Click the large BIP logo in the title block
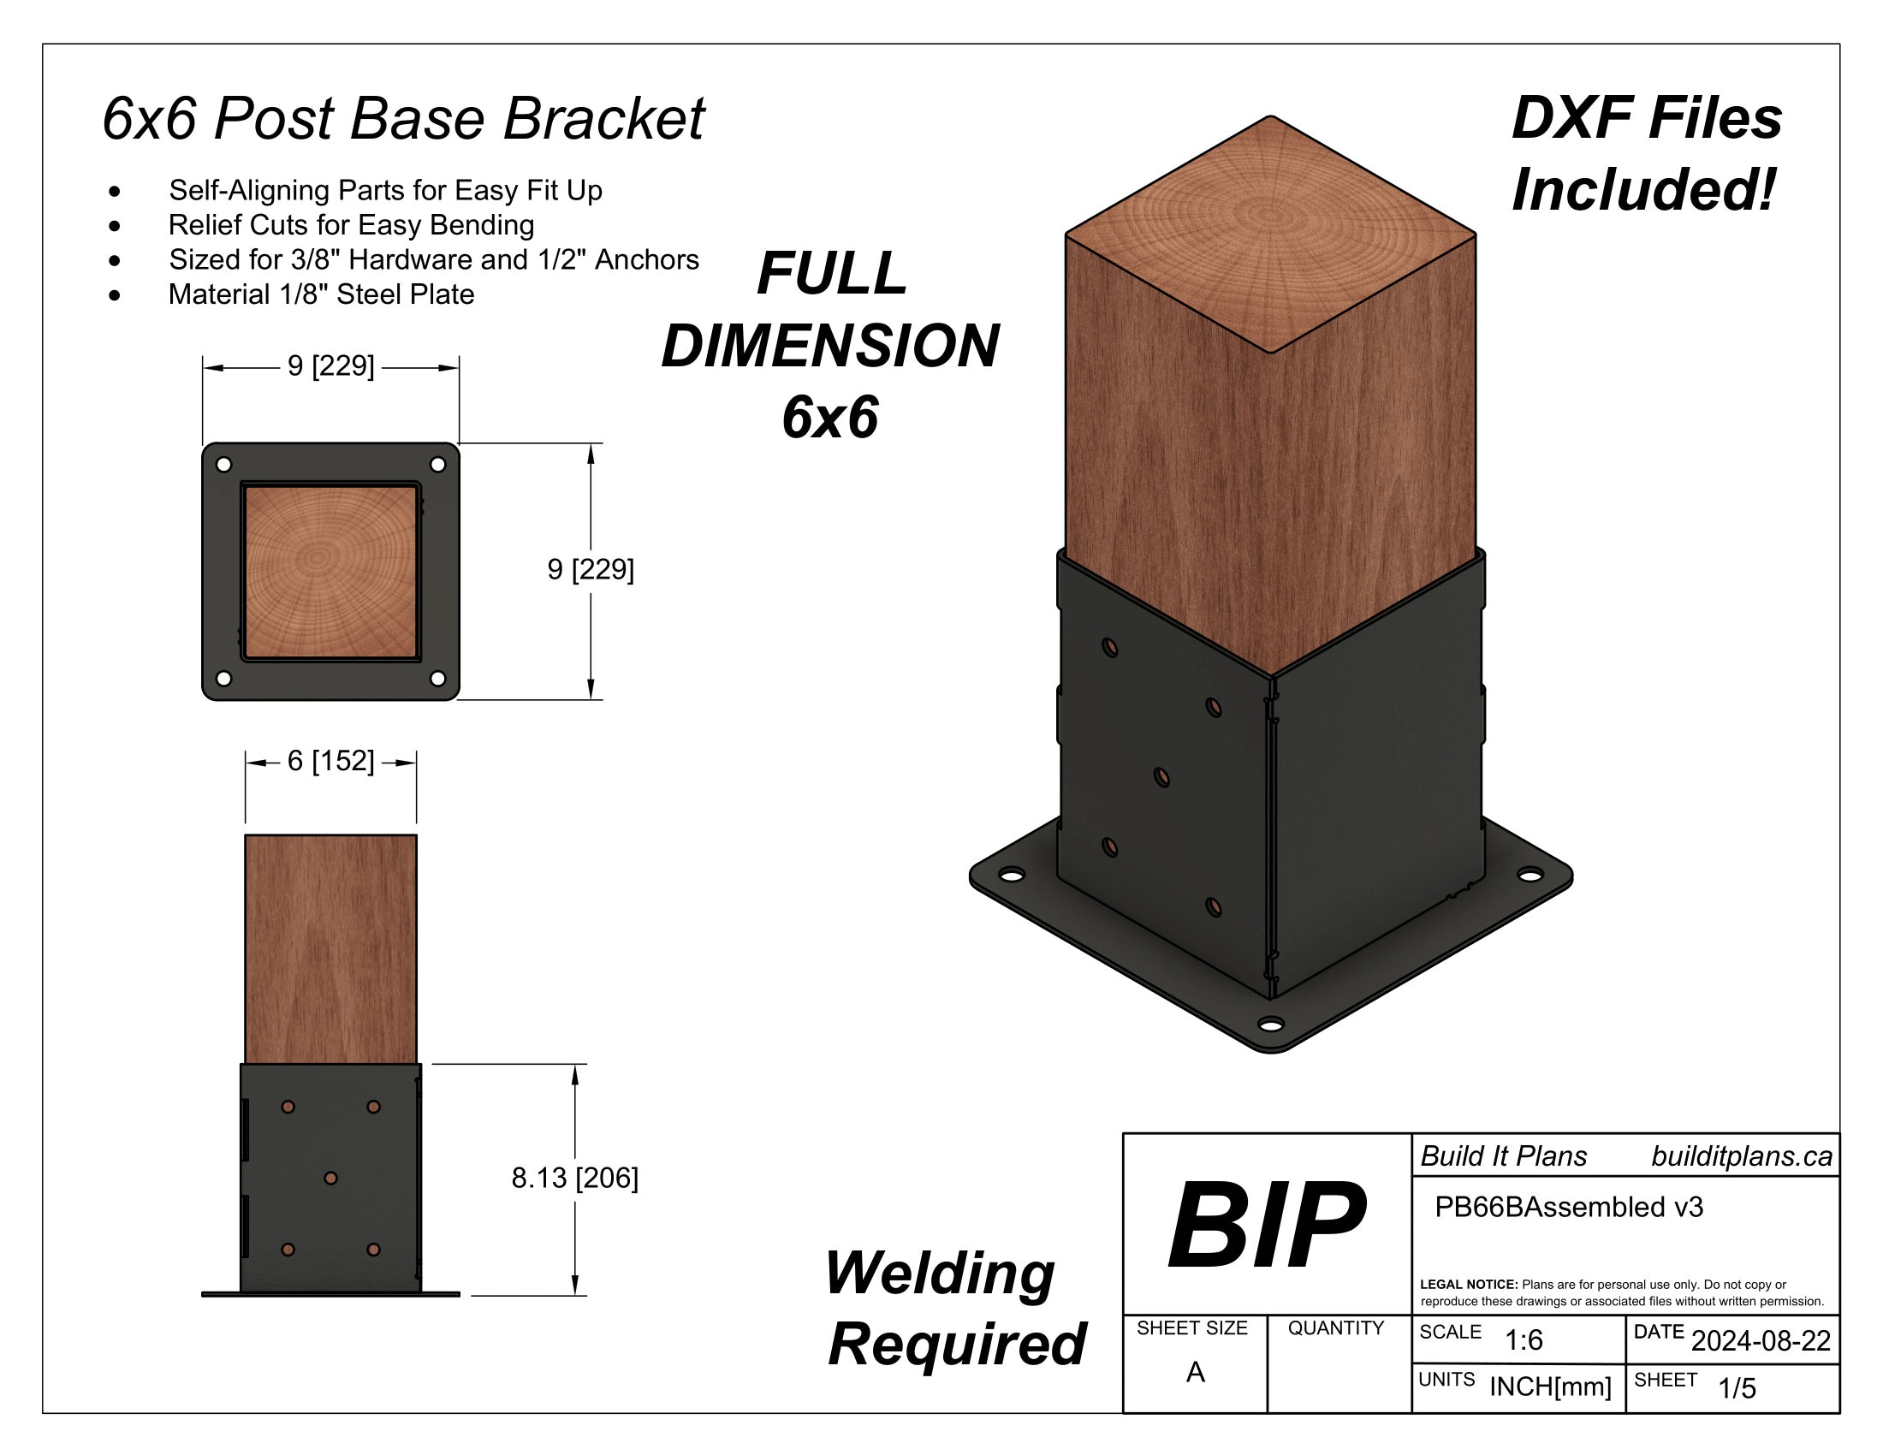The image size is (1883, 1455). (1266, 1225)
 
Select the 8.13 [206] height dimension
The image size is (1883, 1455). (574, 1178)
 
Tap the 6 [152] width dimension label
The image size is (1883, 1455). (330, 761)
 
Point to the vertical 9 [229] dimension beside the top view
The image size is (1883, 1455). (591, 570)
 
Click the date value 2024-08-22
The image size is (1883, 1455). (1761, 1341)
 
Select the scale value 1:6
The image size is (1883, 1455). (1524, 1340)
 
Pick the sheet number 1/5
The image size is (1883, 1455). (1737, 1388)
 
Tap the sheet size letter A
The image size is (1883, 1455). (1195, 1372)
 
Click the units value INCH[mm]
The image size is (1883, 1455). (1550, 1387)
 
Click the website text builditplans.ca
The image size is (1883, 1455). (1741, 1157)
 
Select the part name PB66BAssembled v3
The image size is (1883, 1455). (1568, 1208)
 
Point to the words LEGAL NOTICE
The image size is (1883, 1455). (1468, 1285)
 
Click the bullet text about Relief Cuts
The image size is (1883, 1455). (351, 225)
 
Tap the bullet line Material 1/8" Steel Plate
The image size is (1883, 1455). (321, 294)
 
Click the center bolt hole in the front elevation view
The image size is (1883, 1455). (330, 1178)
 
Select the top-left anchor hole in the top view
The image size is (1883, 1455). (223, 465)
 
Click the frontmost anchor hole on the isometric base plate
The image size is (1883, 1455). (1270, 1024)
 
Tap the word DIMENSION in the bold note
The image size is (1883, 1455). (829, 347)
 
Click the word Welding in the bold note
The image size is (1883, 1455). (940, 1274)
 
